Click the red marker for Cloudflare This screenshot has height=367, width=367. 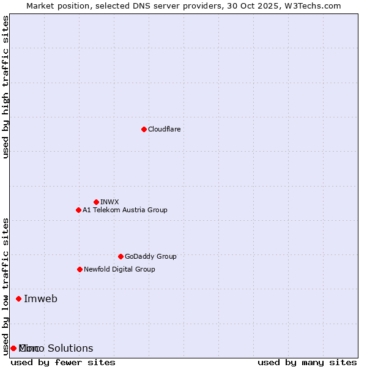point(144,129)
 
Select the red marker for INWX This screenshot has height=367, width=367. point(96,202)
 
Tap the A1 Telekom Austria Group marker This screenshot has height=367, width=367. point(78,210)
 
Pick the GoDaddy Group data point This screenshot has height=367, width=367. point(120,256)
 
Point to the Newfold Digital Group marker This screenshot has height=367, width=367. point(80,269)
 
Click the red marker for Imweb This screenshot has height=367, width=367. point(18,298)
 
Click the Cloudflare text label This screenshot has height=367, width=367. point(164,129)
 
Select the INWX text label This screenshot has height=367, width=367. point(109,202)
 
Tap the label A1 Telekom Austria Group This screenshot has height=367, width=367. point(125,210)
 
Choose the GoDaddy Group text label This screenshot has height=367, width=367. point(150,256)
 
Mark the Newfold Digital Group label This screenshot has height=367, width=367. point(119,269)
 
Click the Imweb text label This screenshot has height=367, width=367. point(40,298)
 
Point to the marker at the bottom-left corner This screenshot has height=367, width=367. point(13,348)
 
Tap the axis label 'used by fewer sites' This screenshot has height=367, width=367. point(63,362)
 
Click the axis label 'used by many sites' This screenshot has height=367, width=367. point(307,362)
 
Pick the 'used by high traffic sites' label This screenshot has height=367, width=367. point(6,87)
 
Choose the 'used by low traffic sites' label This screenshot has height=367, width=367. point(6,286)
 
